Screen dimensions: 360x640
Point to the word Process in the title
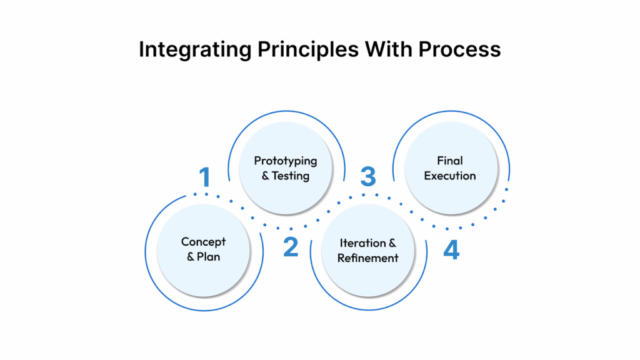click(459, 49)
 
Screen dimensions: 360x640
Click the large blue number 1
click(204, 177)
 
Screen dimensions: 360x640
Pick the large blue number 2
click(291, 247)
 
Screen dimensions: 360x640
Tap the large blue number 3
click(368, 177)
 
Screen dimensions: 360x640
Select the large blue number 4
click(451, 250)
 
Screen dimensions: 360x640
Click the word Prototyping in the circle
click(286, 161)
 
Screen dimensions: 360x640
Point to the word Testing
click(291, 176)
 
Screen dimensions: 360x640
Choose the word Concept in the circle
click(204, 241)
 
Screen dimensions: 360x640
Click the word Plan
click(209, 257)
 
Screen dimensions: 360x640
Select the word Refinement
click(368, 258)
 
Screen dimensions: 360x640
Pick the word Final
click(450, 161)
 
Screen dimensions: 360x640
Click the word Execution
click(450, 176)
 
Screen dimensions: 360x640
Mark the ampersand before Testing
click(265, 176)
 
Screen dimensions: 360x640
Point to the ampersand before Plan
click(191, 257)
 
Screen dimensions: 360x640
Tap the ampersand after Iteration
click(392, 242)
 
